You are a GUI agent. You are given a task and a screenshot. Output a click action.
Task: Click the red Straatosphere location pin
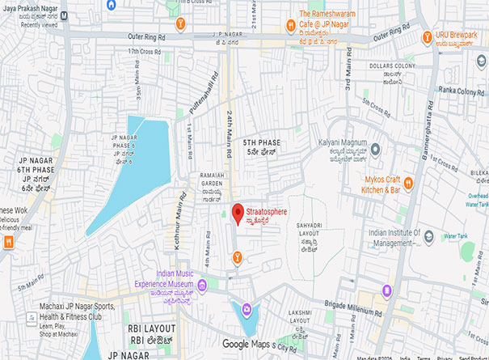click(x=238, y=214)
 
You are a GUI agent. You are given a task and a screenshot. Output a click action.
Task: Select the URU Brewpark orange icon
click(x=428, y=36)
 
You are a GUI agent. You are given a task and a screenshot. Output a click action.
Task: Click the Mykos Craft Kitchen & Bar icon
click(x=408, y=184)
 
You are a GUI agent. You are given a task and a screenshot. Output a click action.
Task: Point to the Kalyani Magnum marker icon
click(x=375, y=150)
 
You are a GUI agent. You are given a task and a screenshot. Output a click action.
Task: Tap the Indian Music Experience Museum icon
click(x=202, y=285)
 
